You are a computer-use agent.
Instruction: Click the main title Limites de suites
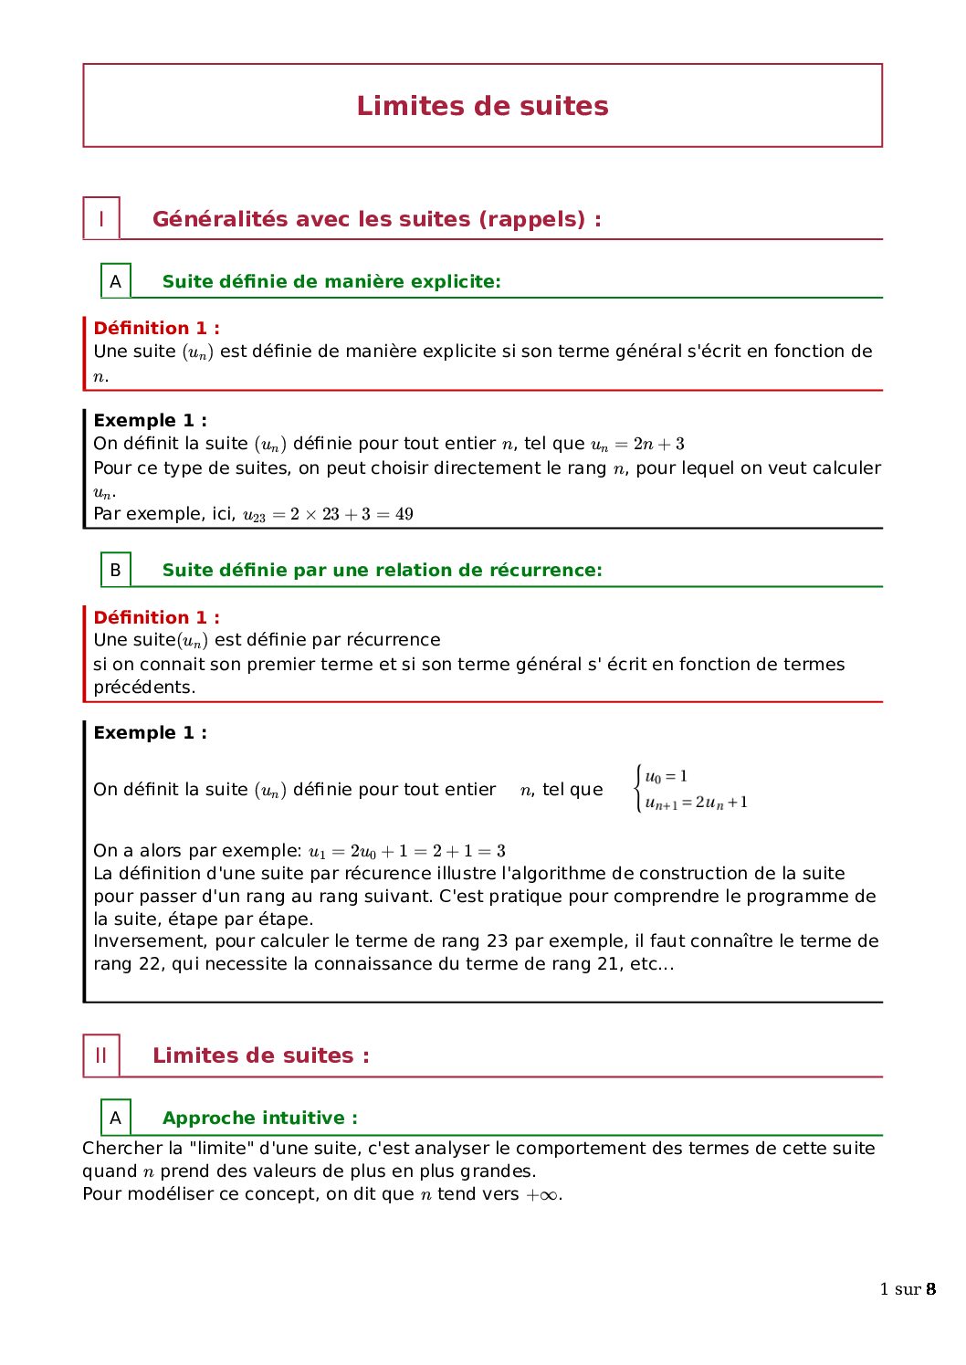point(482,106)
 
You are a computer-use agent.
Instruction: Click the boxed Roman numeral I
point(101,219)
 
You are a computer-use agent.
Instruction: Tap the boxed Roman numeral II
point(101,1055)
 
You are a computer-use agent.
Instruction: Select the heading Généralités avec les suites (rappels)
point(376,219)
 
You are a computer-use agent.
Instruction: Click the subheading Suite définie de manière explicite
point(331,281)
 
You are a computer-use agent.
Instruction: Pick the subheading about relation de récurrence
point(382,570)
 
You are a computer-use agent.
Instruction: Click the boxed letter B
point(115,570)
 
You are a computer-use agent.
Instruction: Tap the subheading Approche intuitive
point(259,1118)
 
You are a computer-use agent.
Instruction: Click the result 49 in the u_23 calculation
point(404,514)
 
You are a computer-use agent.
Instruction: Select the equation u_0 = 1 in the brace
point(666,777)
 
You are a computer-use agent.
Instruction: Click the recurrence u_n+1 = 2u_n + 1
point(696,803)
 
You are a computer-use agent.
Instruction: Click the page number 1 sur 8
point(907,1289)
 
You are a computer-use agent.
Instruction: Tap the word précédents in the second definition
point(143,687)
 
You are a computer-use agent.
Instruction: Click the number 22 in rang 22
point(150,963)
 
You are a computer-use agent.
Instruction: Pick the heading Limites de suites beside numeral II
point(260,1055)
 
